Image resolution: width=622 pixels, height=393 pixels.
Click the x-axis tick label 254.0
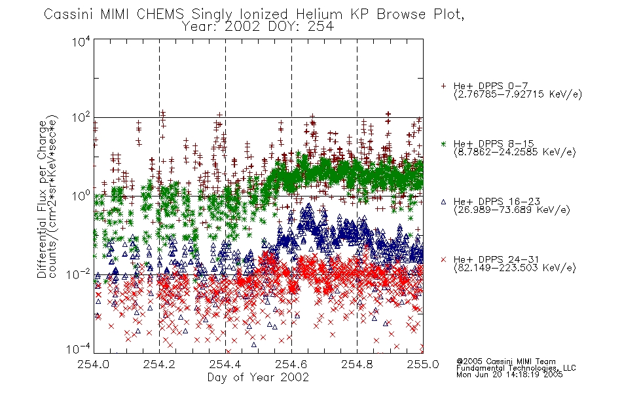(x=93, y=364)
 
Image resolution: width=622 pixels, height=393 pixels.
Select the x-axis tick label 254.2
(x=159, y=364)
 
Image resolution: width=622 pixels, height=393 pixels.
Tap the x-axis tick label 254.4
(x=225, y=364)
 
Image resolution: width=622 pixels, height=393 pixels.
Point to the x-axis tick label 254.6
(x=291, y=364)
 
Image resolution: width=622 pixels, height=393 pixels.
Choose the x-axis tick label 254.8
(x=357, y=364)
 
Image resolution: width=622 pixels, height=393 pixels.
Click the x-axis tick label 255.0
(x=423, y=364)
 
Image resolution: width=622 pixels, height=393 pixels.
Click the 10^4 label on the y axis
(x=81, y=42)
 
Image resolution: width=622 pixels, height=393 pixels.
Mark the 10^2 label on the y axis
(x=81, y=118)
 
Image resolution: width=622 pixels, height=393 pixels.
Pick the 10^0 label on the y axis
(x=81, y=196)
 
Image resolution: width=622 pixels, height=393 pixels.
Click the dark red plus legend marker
(x=443, y=86)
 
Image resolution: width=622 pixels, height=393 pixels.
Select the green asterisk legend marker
(x=443, y=143)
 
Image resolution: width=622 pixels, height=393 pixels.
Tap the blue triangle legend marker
(x=443, y=202)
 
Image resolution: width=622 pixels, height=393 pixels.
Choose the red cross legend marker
(x=443, y=259)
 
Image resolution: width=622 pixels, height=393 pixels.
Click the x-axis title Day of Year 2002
(x=258, y=377)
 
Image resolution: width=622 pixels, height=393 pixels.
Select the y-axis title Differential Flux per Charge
(x=42, y=199)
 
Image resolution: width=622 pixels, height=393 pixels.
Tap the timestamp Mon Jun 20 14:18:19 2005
(x=509, y=375)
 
